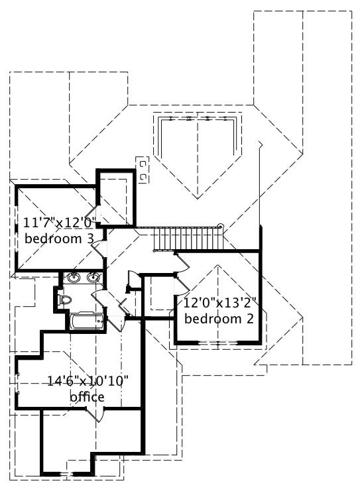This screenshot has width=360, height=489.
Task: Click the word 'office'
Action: point(87,396)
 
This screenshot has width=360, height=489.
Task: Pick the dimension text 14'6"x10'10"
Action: point(87,381)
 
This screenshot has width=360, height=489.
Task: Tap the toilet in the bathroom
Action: point(64,299)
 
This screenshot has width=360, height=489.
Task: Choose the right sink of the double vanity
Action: point(93,278)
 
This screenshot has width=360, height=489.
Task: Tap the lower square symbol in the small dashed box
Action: point(143,176)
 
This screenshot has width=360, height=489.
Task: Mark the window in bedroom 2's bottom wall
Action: point(217,342)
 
